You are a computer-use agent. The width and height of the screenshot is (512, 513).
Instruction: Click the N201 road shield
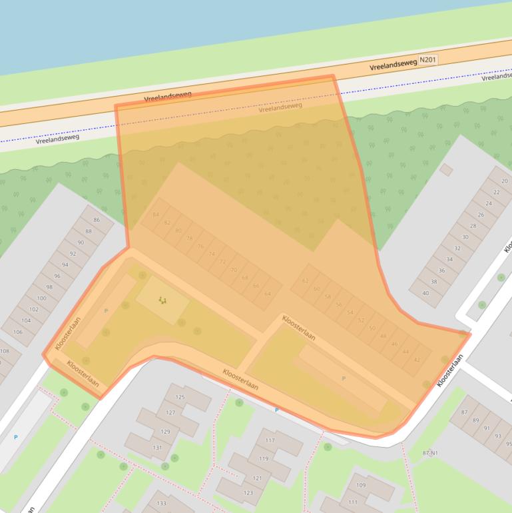pos(428,60)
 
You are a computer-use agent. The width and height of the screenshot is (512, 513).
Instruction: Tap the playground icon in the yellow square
pos(162,300)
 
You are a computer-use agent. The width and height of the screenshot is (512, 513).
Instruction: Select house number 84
pos(156,215)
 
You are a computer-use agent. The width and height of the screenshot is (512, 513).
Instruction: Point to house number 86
pos(97,220)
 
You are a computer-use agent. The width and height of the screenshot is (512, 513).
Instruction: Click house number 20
pos(505,181)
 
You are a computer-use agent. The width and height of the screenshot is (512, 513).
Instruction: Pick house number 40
pos(425,292)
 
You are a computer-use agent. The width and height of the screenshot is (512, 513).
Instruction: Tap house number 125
pos(180,397)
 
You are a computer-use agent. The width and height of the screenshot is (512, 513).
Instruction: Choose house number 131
pos(157,448)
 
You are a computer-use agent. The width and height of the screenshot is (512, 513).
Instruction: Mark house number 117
pos(270,441)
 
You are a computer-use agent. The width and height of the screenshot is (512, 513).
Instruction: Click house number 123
pos(248,493)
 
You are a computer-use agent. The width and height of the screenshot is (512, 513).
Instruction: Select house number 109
pos(361,486)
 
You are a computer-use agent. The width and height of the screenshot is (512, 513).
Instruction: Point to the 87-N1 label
pos(429,453)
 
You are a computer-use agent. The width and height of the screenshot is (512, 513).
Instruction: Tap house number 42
pos(417,360)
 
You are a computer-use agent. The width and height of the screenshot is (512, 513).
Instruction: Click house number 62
pos(306,281)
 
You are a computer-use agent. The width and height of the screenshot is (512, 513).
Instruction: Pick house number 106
pos(18,332)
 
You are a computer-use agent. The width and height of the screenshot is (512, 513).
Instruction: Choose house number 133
pos(161,503)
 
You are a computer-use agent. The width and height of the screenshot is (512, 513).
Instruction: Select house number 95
pos(509,444)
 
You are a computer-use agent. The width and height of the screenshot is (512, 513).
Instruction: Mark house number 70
pos(233,270)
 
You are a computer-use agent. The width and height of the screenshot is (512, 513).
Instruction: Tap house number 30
pos(465,237)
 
